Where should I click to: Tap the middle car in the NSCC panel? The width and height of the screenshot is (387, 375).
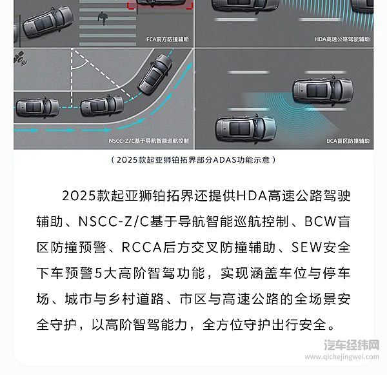pos(102,105)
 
